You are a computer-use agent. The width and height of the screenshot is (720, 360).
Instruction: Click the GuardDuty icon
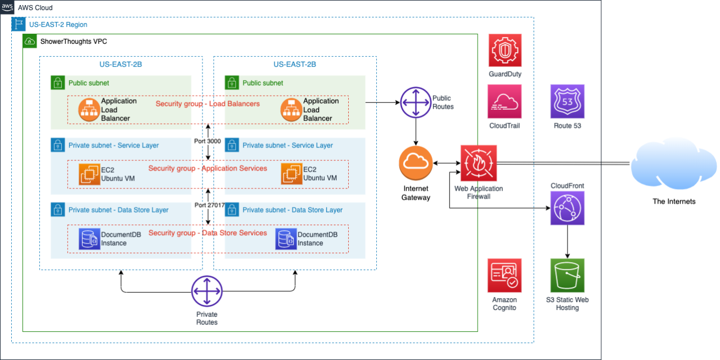pyautogui.click(x=505, y=51)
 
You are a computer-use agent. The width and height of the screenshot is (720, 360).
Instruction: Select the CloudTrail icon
pyautogui.click(x=505, y=101)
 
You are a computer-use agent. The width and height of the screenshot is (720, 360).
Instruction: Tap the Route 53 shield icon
pyautogui.click(x=567, y=101)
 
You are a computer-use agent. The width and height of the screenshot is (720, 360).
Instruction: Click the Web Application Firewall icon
pyautogui.click(x=478, y=163)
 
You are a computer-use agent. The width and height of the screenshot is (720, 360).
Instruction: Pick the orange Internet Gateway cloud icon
pyautogui.click(x=416, y=163)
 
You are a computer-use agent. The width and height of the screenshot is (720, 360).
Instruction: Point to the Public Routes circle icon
pyautogui.click(x=416, y=102)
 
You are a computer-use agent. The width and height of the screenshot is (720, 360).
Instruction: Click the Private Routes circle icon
pyautogui.click(x=207, y=291)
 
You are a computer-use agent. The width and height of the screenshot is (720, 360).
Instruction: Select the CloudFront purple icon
pyautogui.click(x=567, y=208)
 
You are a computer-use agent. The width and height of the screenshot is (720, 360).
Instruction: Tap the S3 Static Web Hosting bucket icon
pyautogui.click(x=567, y=275)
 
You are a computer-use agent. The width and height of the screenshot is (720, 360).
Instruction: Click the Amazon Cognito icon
pyautogui.click(x=505, y=275)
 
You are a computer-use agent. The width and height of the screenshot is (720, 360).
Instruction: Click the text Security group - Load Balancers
pyautogui.click(x=208, y=103)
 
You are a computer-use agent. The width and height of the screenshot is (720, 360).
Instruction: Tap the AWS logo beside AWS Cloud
pyautogui.click(x=7, y=7)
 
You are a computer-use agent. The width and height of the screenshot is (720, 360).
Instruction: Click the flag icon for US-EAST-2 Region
pyautogui.click(x=19, y=24)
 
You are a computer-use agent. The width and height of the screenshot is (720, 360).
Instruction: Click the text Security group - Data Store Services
pyautogui.click(x=208, y=233)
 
